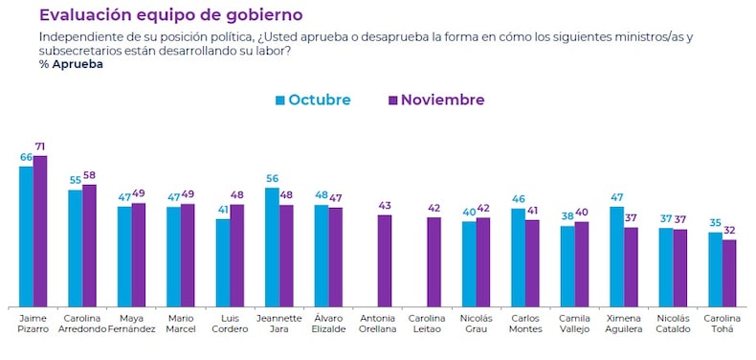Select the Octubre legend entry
pyautogui.click(x=313, y=100)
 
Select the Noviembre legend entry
pyautogui.click(x=435, y=100)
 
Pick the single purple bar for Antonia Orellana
pyautogui.click(x=385, y=259)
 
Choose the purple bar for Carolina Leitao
pyautogui.click(x=434, y=260)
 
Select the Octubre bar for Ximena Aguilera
pyautogui.click(x=616, y=256)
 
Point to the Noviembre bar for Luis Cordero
pyautogui.click(x=237, y=255)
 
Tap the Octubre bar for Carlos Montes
pyautogui.click(x=518, y=257)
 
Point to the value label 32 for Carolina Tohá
pyautogui.click(x=729, y=231)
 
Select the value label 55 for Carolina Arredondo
pyautogui.click(x=75, y=181)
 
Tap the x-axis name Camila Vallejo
pyautogui.click(x=574, y=324)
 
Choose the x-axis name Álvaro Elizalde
pyautogui.click(x=328, y=324)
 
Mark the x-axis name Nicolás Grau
pyautogui.click(x=476, y=324)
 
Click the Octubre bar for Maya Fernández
pyautogui.click(x=123, y=256)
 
